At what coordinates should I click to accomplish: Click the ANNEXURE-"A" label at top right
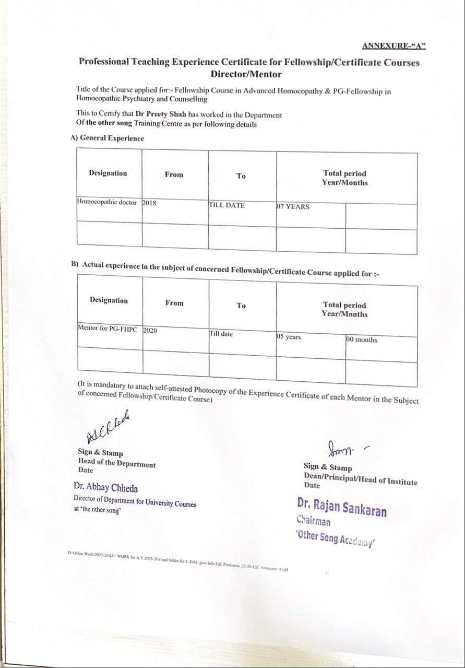394,46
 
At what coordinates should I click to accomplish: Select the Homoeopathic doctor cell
107,202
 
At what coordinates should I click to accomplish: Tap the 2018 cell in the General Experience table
149,203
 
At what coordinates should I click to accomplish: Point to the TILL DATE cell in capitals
226,205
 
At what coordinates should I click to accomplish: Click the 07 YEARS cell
293,207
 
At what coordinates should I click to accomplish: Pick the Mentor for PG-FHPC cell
110,329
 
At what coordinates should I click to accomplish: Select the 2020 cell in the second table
150,330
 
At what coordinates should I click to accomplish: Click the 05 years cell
289,337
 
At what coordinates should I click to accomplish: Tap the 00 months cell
362,339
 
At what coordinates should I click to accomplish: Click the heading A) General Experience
108,138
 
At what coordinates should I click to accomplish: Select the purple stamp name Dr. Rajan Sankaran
342,507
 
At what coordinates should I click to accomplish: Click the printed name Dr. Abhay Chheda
106,488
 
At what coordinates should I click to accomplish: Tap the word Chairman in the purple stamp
313,521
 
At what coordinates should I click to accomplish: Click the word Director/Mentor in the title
246,74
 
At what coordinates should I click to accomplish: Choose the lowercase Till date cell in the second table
221,334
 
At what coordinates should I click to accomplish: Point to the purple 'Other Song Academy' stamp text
335,538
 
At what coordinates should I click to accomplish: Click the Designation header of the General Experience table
108,173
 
